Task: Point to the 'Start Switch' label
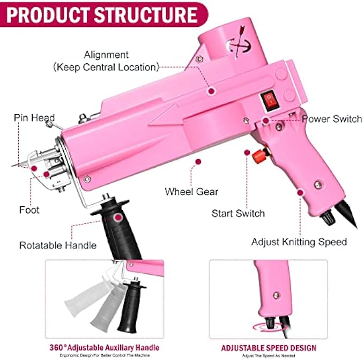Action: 238,213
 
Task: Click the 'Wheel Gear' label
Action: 191,191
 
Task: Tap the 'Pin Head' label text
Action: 34,118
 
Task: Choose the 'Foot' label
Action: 29,210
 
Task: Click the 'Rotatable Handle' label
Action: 58,245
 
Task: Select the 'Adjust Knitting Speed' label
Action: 299,242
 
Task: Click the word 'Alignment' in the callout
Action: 106,55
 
